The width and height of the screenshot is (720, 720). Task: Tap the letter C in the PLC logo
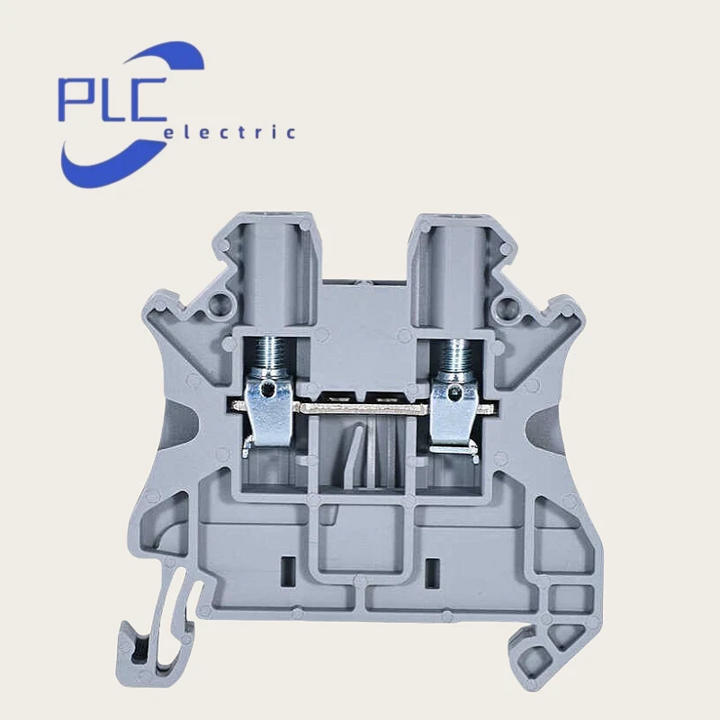coord(146,99)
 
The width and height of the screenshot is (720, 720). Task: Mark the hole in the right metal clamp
coord(455,391)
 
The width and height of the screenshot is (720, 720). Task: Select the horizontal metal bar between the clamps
coord(360,408)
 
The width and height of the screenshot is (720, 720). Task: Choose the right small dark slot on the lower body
coord(430,569)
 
